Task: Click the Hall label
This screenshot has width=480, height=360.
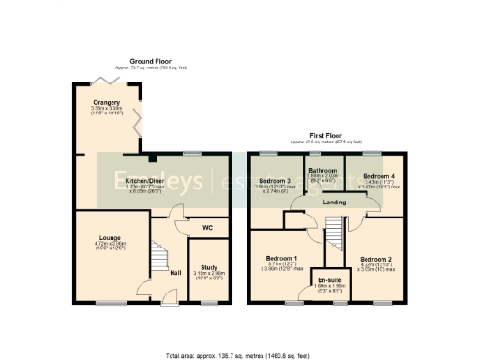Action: click(x=174, y=273)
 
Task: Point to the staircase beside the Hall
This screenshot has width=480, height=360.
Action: click(x=158, y=254)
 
